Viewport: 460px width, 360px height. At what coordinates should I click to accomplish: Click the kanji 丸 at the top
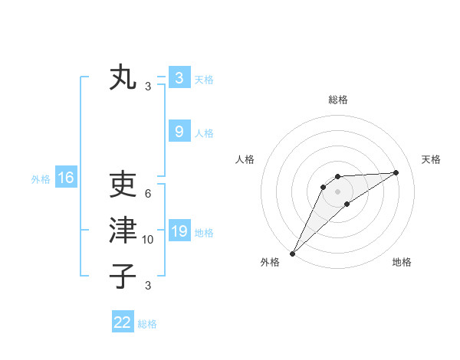click(x=123, y=78)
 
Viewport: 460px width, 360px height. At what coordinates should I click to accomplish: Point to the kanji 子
click(x=123, y=276)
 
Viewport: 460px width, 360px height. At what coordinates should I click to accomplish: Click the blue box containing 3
click(x=179, y=77)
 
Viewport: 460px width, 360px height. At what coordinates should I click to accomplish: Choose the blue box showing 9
click(x=179, y=131)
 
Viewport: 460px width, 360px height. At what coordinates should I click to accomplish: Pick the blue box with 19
click(x=179, y=231)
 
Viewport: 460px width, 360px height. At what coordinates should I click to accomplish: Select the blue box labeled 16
click(x=65, y=178)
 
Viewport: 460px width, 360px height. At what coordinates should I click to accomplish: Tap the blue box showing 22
click(x=123, y=322)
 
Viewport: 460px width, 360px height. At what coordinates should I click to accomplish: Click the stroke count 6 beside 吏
click(x=148, y=194)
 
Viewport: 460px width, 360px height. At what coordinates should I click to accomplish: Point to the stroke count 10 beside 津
click(x=148, y=240)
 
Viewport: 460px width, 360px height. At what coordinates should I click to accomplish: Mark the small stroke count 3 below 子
click(x=148, y=286)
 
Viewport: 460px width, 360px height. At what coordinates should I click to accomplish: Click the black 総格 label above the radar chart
click(x=337, y=100)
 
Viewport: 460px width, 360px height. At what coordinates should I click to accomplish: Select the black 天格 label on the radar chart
click(x=431, y=159)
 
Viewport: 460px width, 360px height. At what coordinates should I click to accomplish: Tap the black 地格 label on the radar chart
click(x=402, y=262)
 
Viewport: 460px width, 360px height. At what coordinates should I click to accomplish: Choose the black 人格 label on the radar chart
click(x=245, y=159)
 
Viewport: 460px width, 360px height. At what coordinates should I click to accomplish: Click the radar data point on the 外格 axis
click(x=292, y=253)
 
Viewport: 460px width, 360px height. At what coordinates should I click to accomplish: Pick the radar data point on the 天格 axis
click(x=396, y=172)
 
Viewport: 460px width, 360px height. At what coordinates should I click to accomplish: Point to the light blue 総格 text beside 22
click(x=147, y=324)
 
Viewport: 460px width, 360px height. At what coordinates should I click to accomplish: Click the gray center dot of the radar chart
click(x=337, y=191)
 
